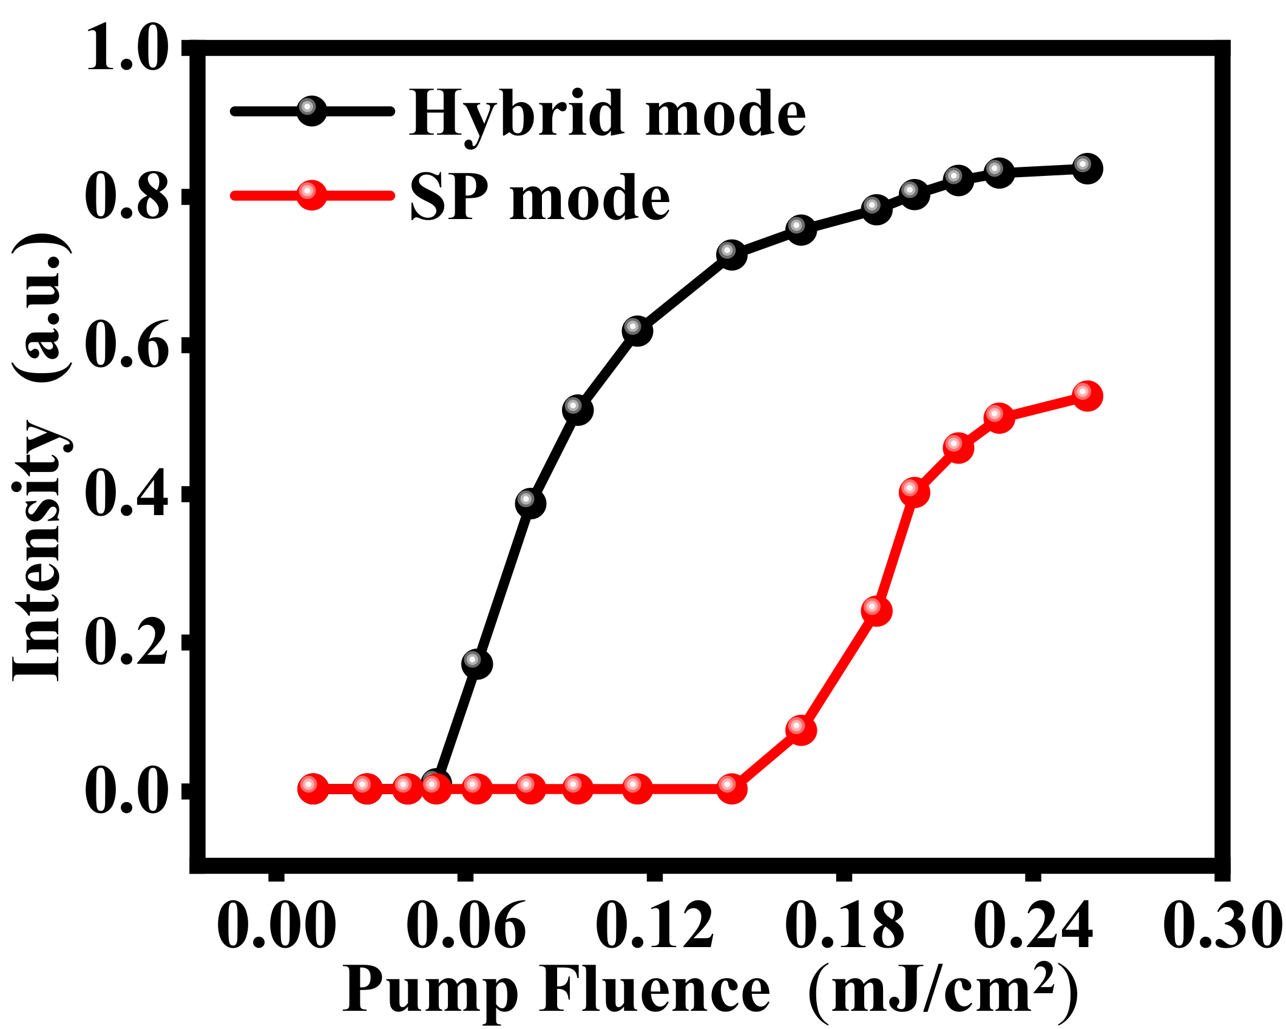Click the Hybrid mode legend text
point(607,113)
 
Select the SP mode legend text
point(540,198)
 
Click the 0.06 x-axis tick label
point(465,926)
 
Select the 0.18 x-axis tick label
point(844,926)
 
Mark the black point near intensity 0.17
point(476,663)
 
